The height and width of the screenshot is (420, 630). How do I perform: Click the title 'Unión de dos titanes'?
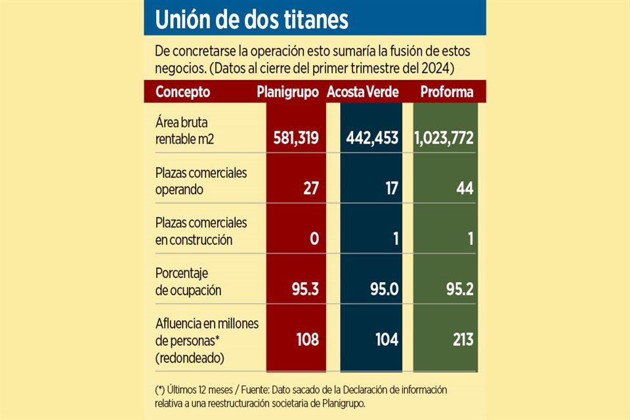(x=251, y=20)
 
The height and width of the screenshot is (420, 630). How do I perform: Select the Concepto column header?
(x=182, y=92)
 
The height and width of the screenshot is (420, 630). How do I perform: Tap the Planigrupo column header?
(x=287, y=92)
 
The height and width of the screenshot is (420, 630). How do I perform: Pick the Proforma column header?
(x=446, y=92)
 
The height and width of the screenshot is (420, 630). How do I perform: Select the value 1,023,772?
(x=444, y=138)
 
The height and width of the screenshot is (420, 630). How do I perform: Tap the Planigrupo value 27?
(x=310, y=188)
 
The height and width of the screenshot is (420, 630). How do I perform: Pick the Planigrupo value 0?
(x=314, y=239)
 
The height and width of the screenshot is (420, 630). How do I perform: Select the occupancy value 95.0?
(x=383, y=289)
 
